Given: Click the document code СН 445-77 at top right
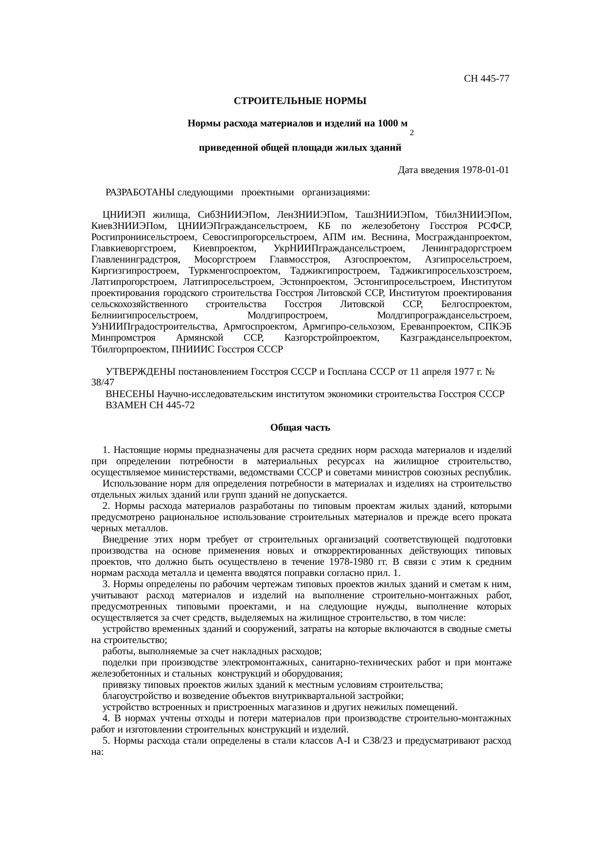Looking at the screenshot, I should coord(486,78).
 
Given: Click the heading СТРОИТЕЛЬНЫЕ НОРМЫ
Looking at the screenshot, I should coord(300,101).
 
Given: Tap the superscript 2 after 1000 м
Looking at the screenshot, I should coord(411,132).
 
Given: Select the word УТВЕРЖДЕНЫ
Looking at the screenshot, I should coord(141,372).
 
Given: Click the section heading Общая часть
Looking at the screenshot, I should coord(300,428).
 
